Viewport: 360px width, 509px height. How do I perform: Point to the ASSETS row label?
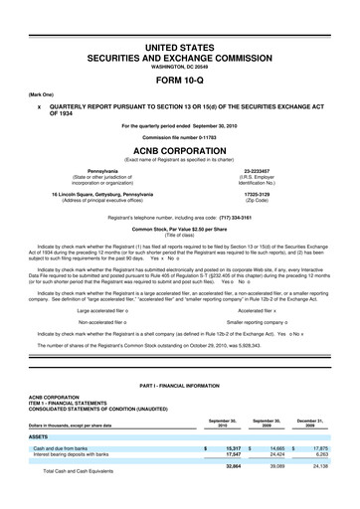click(38, 435)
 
